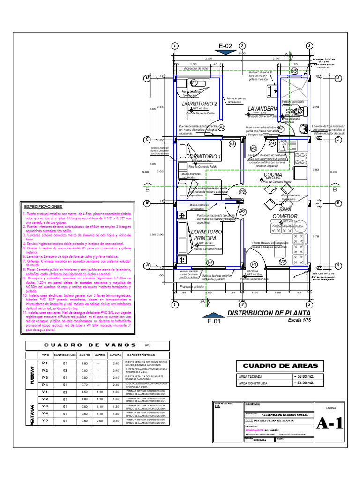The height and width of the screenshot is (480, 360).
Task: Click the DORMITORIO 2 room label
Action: [199, 104]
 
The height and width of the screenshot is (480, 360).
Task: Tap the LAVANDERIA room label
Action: [263, 109]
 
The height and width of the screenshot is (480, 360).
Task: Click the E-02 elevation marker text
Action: [225, 46]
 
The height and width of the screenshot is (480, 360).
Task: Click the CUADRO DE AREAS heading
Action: [274, 366]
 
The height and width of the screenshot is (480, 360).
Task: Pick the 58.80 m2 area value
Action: [302, 377]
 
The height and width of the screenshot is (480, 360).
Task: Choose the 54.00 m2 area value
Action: [302, 383]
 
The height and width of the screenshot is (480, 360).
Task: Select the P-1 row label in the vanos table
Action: [45, 364]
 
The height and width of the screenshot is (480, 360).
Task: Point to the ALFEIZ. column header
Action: [99, 356]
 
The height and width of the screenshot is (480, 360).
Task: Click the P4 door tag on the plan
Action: [280, 128]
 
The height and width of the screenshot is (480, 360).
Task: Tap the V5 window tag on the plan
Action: [294, 71]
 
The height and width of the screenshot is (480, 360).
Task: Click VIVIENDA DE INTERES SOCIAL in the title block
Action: [284, 415]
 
